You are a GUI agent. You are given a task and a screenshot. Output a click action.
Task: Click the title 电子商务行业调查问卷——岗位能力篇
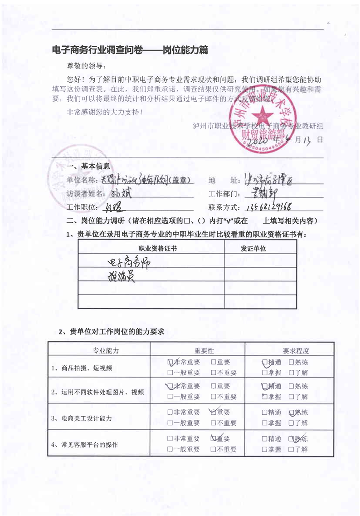click(x=130, y=50)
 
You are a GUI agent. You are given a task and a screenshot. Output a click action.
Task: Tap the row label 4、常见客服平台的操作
click(x=84, y=445)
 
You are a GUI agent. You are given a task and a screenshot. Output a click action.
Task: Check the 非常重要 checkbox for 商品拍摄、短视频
click(x=170, y=362)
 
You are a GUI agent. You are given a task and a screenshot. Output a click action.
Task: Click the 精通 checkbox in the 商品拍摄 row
click(x=265, y=362)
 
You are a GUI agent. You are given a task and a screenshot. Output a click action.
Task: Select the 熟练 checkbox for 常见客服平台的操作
click(x=292, y=439)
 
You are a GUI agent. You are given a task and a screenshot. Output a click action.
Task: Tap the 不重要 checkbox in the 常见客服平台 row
click(x=213, y=449)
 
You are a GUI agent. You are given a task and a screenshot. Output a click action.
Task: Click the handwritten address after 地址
click(x=269, y=180)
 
